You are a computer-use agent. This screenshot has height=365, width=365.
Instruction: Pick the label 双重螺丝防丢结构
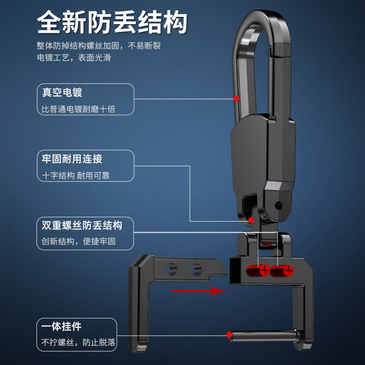tap(82, 225)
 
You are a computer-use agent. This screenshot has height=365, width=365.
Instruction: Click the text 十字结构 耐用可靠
tap(76, 176)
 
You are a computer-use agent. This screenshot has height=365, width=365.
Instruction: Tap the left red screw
tap(264, 271)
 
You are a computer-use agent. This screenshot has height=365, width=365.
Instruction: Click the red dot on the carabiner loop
tap(236, 98)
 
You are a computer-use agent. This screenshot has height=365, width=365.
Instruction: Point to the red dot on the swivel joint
tap(250, 220)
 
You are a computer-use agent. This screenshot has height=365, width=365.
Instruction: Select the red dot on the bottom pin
tap(229, 335)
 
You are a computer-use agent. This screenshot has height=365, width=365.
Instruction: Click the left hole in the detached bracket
tap(172, 269)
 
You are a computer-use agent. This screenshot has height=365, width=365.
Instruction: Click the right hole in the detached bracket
tap(196, 269)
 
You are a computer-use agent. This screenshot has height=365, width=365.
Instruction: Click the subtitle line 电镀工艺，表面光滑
tap(74, 58)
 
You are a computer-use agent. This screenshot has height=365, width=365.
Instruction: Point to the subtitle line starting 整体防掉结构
tap(99, 46)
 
